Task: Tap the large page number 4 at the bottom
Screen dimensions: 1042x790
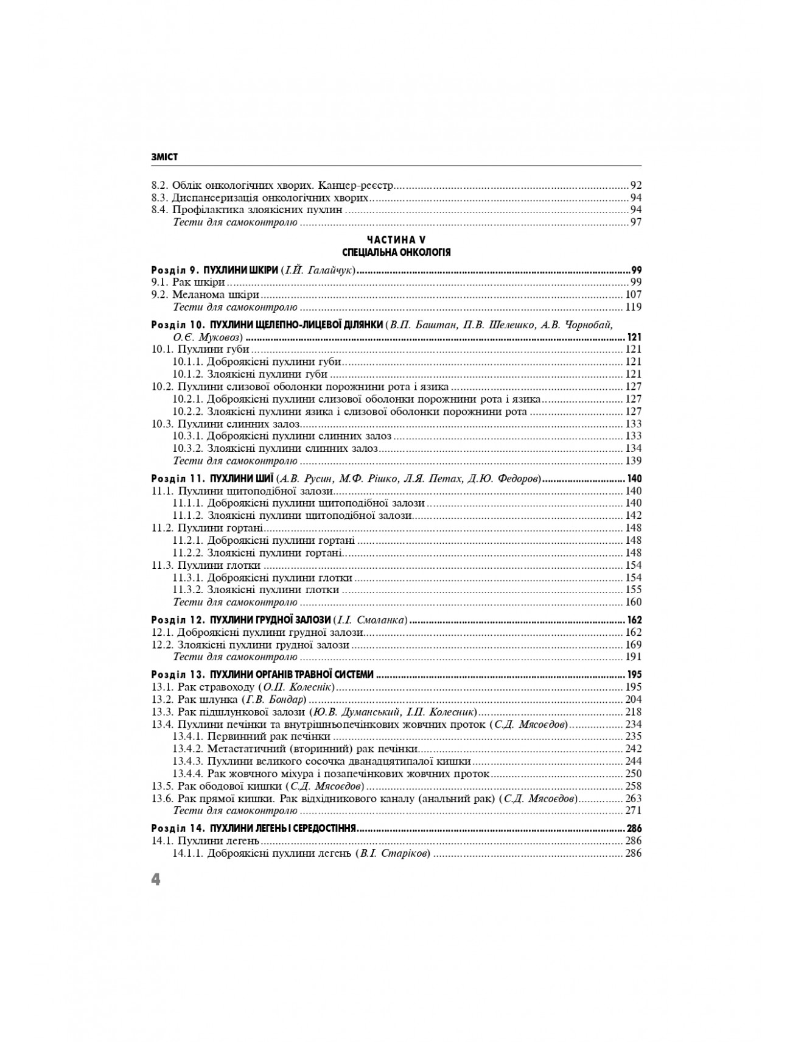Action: [156, 879]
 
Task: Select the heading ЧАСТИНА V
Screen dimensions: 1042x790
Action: [396, 241]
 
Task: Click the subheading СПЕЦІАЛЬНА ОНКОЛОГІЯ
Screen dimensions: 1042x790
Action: [396, 252]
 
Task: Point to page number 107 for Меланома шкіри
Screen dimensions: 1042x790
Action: [634, 295]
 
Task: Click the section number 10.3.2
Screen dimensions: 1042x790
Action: [187, 448]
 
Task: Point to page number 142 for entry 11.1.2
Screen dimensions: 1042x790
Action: [634, 516]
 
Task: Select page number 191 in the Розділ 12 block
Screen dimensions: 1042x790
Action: [634, 657]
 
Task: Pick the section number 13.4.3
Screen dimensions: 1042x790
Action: [187, 761]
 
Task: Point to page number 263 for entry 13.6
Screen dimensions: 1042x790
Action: [634, 798]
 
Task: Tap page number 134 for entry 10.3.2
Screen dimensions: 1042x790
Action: [634, 448]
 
